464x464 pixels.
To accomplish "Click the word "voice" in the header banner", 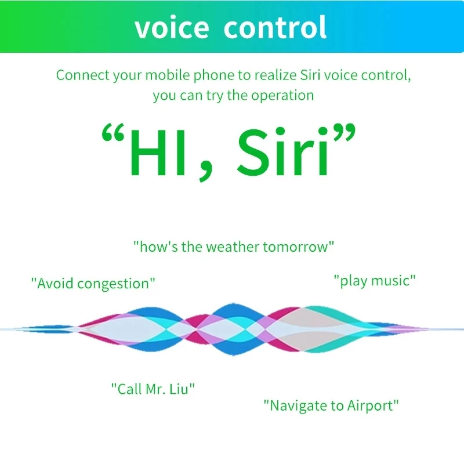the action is pyautogui.click(x=172, y=27).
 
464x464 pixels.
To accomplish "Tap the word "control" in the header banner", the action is pyautogui.click(x=275, y=27).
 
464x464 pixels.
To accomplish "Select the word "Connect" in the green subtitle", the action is pyautogui.click(x=82, y=75).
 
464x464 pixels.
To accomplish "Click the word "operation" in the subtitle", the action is pyautogui.click(x=282, y=96).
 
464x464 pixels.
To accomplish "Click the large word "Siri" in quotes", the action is pyautogui.click(x=282, y=152).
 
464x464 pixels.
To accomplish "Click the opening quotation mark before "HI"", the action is pyautogui.click(x=113, y=132).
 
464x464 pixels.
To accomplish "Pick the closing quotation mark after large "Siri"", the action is pyautogui.click(x=344, y=132).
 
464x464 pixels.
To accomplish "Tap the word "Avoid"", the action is pyautogui.click(x=56, y=284).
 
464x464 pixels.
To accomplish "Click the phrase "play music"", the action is pyautogui.click(x=375, y=281).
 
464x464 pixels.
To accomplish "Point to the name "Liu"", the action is pyautogui.click(x=179, y=389).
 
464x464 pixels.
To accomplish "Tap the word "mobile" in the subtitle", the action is pyautogui.click(x=167, y=75).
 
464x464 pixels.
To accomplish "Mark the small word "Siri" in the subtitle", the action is pyautogui.click(x=310, y=75).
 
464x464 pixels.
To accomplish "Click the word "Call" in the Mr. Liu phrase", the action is pyautogui.click(x=129, y=389).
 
